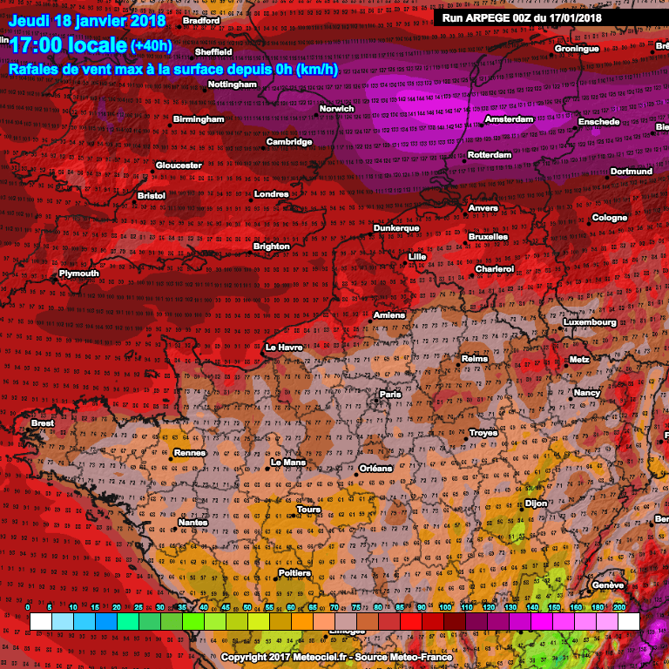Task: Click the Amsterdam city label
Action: pos(508,119)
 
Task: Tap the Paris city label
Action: pos(389,395)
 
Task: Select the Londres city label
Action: pos(271,194)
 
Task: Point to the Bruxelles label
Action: pos(488,236)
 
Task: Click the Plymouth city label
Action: pos(78,274)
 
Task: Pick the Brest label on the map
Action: pos(42,423)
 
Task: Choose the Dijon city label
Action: pos(535,503)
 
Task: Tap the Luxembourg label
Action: pos(590,322)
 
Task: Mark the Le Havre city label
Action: pos(283,348)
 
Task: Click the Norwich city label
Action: pos(336,109)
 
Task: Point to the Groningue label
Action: pos(577,49)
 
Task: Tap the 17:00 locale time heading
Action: pos(67,45)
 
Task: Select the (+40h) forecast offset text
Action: pos(151,46)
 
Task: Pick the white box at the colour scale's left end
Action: pos(40,621)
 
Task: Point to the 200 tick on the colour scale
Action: pos(618,606)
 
